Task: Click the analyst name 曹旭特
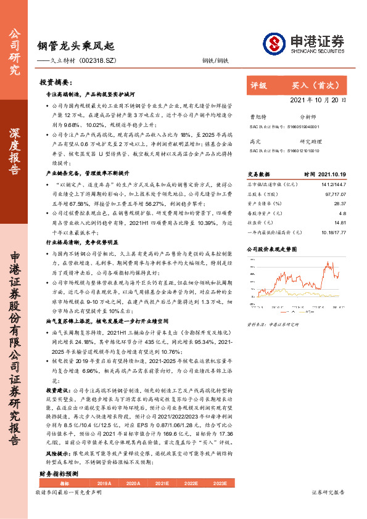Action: click(x=257, y=116)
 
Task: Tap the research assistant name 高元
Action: click(x=255, y=141)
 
